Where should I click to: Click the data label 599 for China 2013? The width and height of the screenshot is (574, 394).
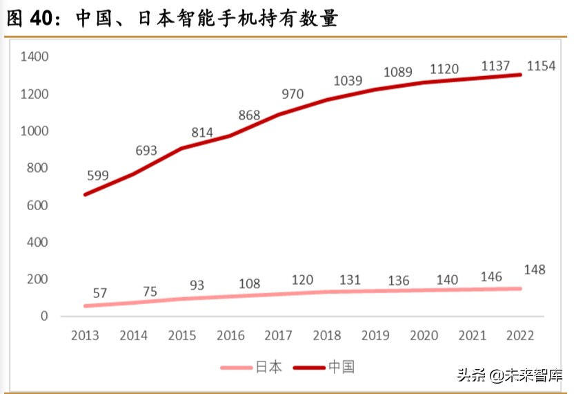(x=98, y=176)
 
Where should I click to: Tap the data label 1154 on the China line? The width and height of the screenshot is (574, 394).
(x=542, y=66)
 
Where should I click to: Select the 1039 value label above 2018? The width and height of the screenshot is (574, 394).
(x=347, y=81)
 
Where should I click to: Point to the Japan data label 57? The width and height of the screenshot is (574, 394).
(x=99, y=293)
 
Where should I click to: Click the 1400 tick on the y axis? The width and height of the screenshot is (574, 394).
(x=34, y=57)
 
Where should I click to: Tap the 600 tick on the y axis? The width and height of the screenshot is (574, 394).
(x=37, y=205)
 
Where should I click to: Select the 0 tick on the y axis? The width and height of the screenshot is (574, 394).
(x=44, y=317)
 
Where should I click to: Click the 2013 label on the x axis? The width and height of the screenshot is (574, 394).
(x=85, y=337)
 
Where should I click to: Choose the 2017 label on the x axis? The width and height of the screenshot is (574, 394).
(x=279, y=337)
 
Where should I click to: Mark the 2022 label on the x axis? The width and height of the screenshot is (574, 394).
(x=521, y=337)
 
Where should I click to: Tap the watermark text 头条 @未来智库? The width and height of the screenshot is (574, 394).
(x=509, y=375)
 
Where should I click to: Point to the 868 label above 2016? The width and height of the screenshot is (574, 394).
(x=250, y=115)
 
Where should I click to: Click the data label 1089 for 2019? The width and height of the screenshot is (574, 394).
(x=398, y=72)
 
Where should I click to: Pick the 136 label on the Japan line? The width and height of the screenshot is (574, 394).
(x=398, y=281)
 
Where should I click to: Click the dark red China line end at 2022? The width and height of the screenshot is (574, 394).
(x=519, y=75)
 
